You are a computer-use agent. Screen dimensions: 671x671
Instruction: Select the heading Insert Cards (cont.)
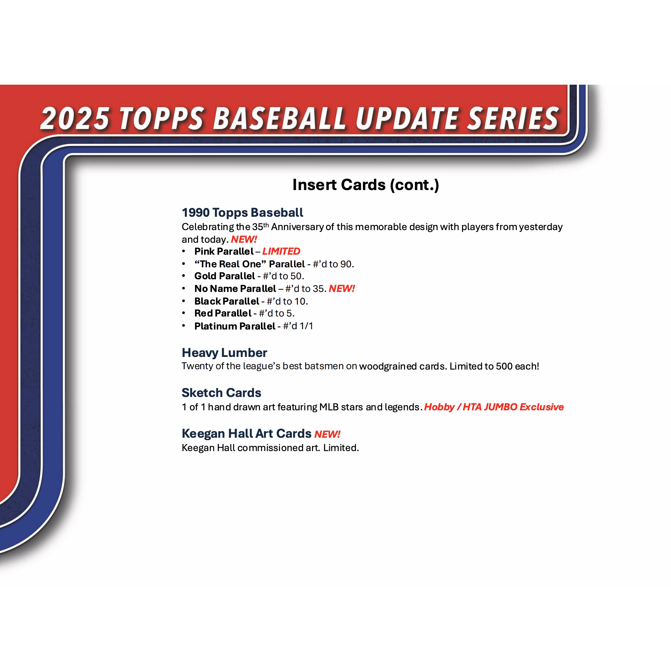click(x=366, y=185)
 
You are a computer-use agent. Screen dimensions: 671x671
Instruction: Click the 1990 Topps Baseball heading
click(x=242, y=213)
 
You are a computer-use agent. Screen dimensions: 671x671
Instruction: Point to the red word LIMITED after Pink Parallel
click(x=281, y=252)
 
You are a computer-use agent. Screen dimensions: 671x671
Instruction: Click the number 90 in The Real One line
click(x=346, y=264)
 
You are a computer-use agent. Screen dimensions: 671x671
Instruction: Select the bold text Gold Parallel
click(x=225, y=276)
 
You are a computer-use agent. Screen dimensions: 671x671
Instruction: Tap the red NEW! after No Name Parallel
click(x=342, y=289)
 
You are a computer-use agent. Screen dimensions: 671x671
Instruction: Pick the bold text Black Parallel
click(x=227, y=301)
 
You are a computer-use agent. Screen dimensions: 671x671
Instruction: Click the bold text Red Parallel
click(x=223, y=313)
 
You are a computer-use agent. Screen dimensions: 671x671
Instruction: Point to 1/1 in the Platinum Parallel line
click(x=306, y=326)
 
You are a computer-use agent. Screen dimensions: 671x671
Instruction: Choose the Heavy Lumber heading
click(x=224, y=353)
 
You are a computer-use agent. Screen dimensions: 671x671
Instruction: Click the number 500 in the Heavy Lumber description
click(x=504, y=366)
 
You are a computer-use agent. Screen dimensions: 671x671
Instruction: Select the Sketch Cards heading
click(x=221, y=393)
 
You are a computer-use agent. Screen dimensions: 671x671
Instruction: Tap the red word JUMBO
click(x=501, y=407)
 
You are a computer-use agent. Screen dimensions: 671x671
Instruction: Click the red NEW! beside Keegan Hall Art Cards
click(x=327, y=435)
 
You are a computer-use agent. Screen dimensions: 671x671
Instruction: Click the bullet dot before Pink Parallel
click(x=183, y=251)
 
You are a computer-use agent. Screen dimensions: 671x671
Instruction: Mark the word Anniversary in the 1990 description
click(x=297, y=227)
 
